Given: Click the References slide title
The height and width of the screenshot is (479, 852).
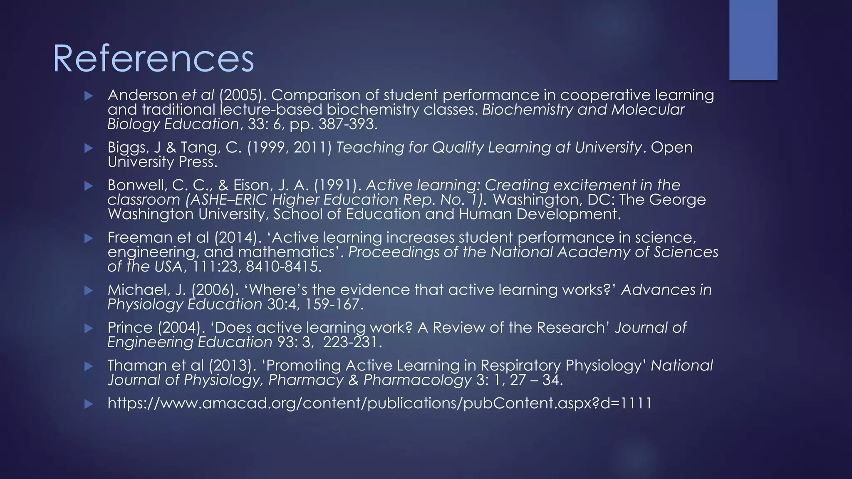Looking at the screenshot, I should [x=153, y=59].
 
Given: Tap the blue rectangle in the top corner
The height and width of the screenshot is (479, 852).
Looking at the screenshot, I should [x=753, y=40].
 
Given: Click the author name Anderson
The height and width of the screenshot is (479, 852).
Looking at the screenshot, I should [x=142, y=95].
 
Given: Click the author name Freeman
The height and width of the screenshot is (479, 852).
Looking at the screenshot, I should [x=138, y=237].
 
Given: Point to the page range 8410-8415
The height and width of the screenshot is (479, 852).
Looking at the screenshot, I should [x=284, y=267].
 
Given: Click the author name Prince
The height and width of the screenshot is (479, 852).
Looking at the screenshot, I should [x=130, y=328].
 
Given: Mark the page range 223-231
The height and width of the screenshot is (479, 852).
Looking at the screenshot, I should [x=352, y=342].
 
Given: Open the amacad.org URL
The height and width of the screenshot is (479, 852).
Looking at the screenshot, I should [x=379, y=403].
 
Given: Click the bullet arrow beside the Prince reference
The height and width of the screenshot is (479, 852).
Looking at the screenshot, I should [x=88, y=328].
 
